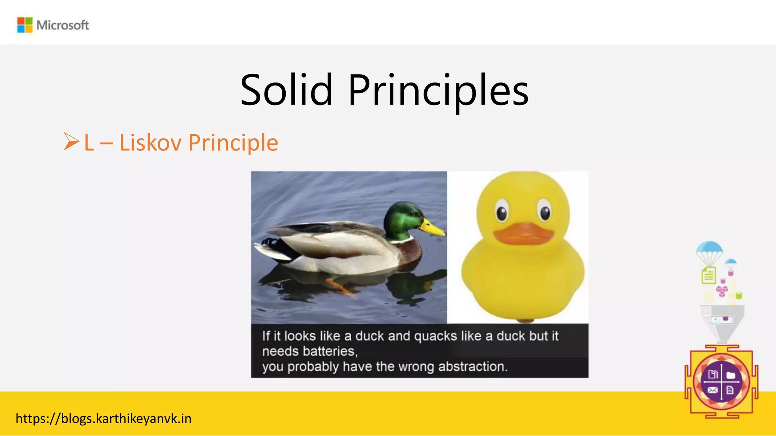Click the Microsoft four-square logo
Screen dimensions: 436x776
[25, 25]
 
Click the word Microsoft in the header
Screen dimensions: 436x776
[63, 25]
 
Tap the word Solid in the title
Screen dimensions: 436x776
[286, 90]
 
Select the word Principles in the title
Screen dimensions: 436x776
[438, 91]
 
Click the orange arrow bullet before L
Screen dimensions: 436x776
[71, 142]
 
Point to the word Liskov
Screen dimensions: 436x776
[150, 143]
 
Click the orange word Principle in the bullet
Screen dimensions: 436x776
[233, 143]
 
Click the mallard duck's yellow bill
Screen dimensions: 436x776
[433, 227]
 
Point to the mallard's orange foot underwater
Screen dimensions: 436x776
[339, 286]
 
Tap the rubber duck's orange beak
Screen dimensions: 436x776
[523, 234]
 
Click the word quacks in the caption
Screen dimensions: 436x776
[435, 336]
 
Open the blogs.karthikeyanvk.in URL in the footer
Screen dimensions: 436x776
[103, 419]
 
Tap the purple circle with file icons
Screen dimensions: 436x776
[721, 382]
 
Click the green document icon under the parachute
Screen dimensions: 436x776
[709, 275]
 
